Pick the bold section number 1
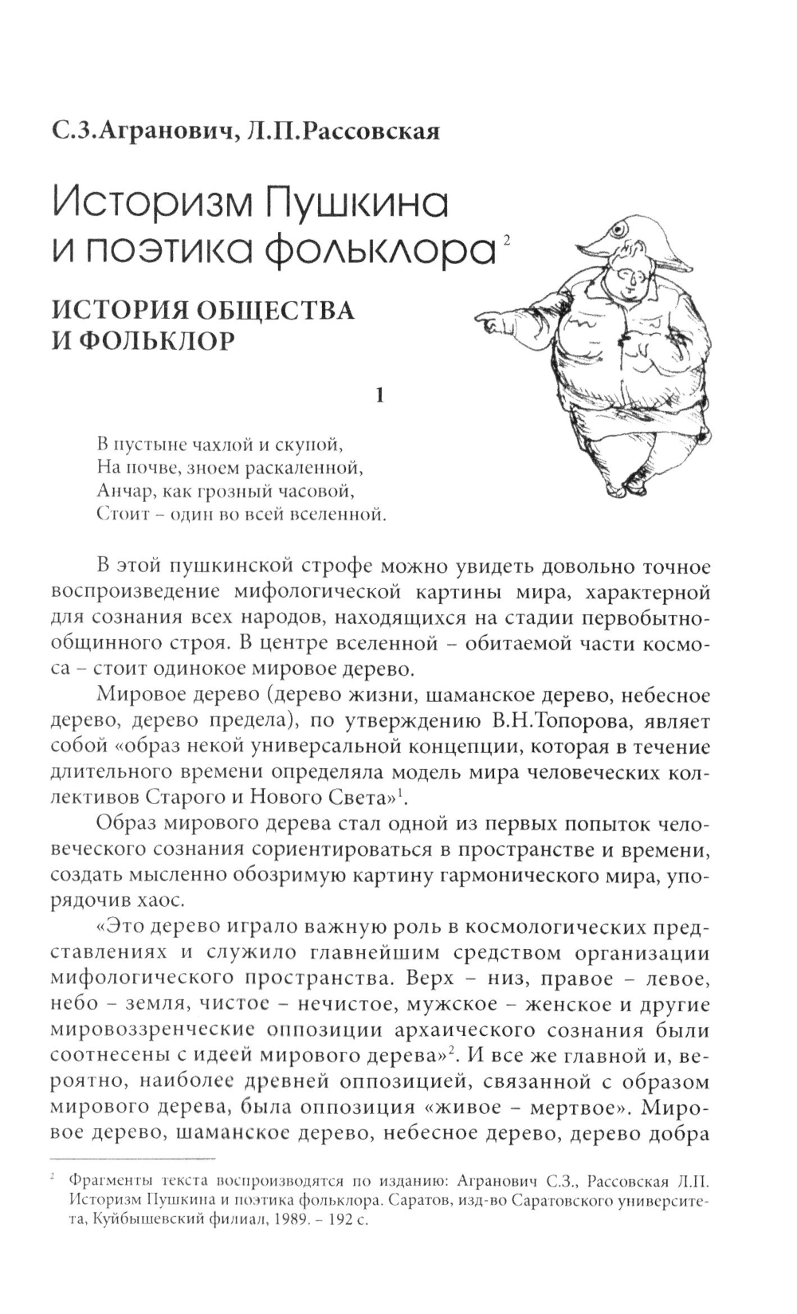coord(380,394)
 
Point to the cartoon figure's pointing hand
coord(492,322)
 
